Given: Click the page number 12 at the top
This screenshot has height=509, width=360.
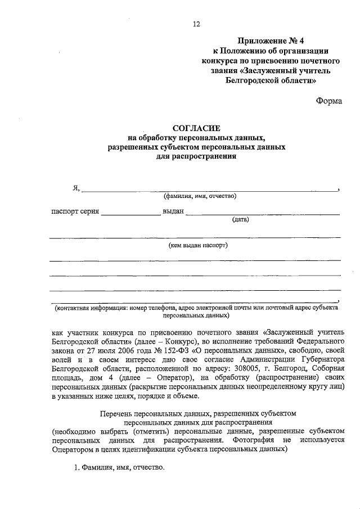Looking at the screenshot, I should pyautogui.click(x=196, y=24).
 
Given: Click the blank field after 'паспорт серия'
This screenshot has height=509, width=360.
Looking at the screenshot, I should pyautogui.click(x=130, y=212).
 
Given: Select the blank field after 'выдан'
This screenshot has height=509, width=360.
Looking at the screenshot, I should pyautogui.click(x=262, y=212).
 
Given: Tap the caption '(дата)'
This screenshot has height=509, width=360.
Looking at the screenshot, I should pyautogui.click(x=240, y=220).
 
